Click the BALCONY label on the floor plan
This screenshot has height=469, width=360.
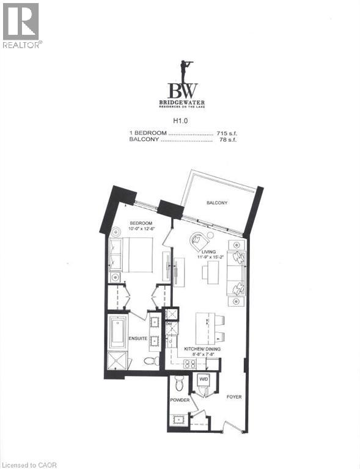pyautogui.click(x=217, y=203)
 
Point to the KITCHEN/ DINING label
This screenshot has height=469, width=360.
pyautogui.click(x=202, y=348)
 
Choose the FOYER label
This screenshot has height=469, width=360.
pyautogui.click(x=233, y=397)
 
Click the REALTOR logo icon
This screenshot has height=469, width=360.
pyautogui.click(x=21, y=21)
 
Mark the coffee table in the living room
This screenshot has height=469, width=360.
pyautogui.click(x=213, y=272)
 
